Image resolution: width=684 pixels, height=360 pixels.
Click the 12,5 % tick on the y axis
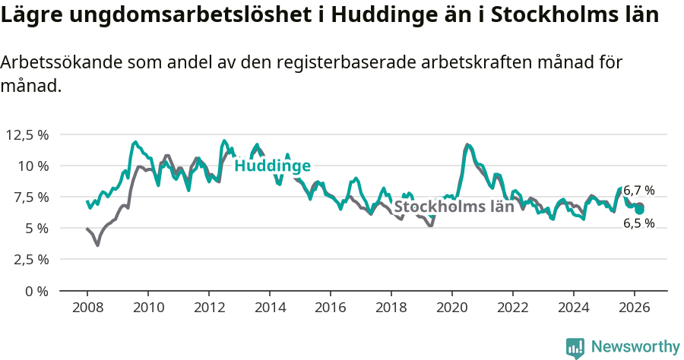[27, 135]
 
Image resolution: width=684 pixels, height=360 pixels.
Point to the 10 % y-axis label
[33, 166]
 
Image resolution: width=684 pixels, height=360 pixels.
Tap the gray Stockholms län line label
[454, 207]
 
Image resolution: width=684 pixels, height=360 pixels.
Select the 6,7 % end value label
[639, 191]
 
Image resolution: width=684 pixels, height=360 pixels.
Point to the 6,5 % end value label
[639, 223]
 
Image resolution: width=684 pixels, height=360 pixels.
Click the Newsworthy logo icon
[575, 347]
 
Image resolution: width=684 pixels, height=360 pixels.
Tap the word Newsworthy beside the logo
[635, 347]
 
